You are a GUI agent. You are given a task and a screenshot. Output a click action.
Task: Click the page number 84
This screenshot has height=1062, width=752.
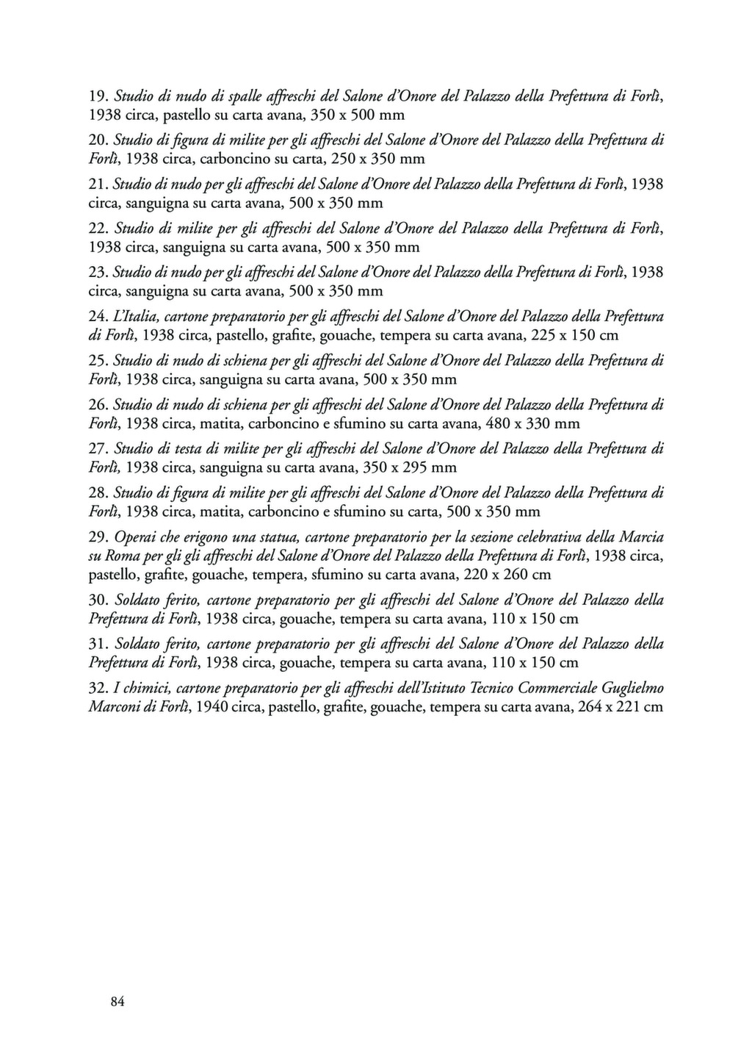[117, 1001]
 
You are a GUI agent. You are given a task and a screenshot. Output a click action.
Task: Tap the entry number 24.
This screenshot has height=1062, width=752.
[98, 317]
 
